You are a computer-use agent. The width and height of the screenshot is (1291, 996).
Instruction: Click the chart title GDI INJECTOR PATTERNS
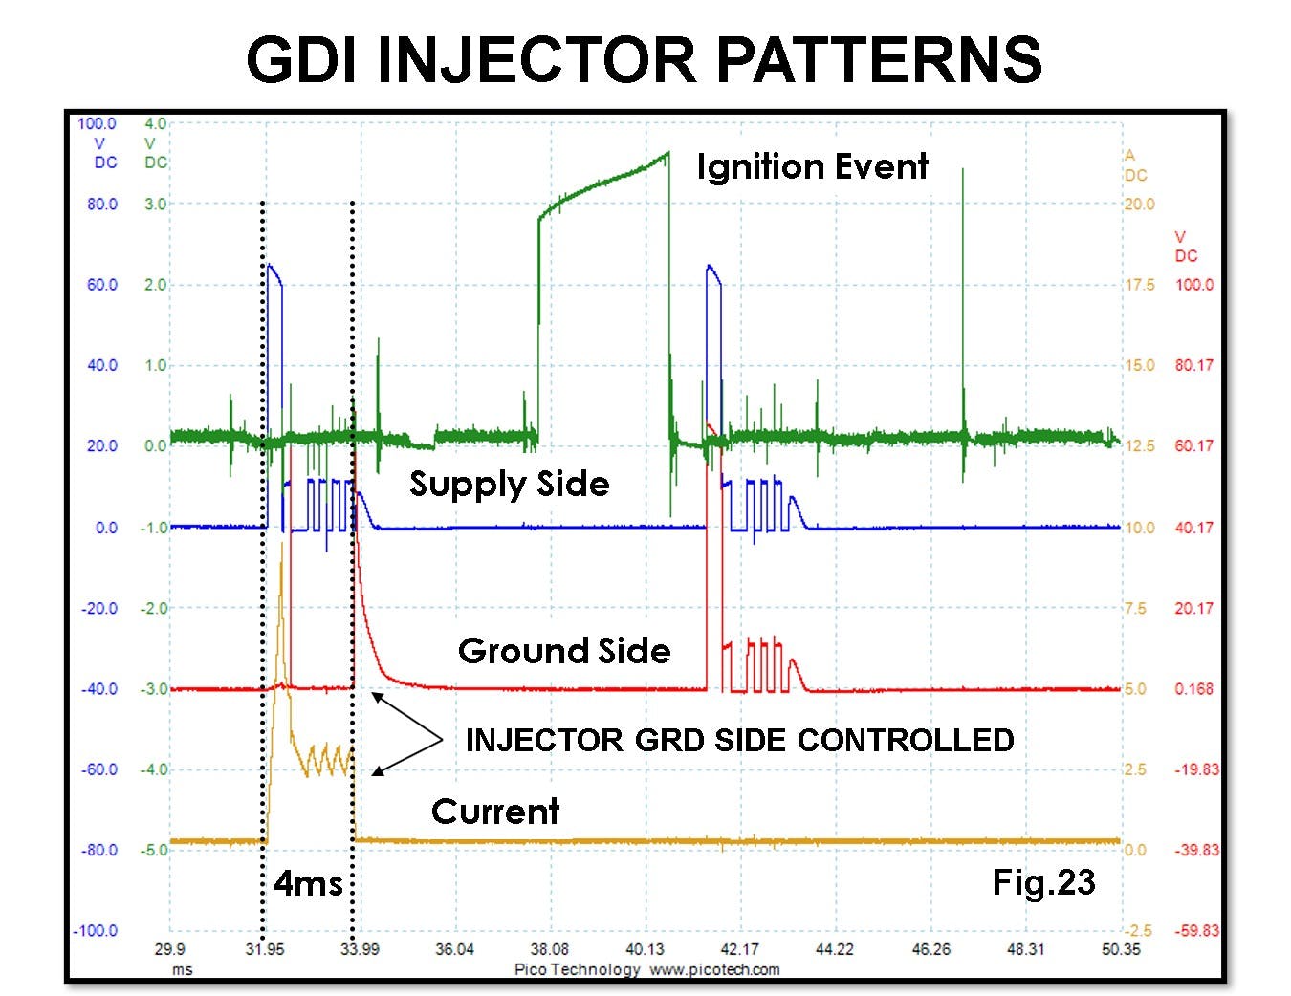click(x=644, y=59)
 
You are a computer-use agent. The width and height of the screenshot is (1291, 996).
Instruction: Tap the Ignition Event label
click(x=812, y=166)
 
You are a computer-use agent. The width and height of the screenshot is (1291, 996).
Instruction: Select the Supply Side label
click(x=509, y=484)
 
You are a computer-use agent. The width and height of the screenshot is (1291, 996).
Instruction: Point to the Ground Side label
click(x=564, y=651)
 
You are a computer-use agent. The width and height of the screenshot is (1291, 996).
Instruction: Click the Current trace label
click(x=494, y=812)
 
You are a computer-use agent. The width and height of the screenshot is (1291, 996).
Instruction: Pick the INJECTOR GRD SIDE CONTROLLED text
click(x=739, y=740)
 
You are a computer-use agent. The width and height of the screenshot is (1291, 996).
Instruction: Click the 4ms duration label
click(x=308, y=882)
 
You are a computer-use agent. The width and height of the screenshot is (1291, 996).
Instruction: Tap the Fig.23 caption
click(x=1043, y=881)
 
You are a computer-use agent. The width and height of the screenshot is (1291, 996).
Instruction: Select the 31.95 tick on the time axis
click(x=265, y=949)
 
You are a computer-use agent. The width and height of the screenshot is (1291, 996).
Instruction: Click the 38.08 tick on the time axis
click(x=549, y=949)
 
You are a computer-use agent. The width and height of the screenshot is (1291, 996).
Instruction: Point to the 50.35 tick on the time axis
click(x=1120, y=949)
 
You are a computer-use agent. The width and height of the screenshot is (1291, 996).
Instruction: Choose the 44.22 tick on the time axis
click(x=834, y=949)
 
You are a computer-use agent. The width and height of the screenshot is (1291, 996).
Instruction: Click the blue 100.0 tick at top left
click(x=97, y=123)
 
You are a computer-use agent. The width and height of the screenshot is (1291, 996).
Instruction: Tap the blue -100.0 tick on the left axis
click(x=95, y=931)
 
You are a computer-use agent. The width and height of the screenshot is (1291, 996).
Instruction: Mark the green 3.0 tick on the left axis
click(x=155, y=204)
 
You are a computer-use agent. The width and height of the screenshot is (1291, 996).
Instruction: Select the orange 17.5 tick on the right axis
click(x=1139, y=285)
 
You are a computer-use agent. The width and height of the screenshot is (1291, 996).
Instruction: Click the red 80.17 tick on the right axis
click(x=1193, y=365)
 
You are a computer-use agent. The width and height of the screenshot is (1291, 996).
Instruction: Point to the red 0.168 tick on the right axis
click(x=1193, y=689)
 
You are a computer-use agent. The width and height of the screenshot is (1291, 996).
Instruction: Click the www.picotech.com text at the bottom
click(x=714, y=969)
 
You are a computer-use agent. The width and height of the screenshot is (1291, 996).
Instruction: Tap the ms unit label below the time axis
click(x=182, y=969)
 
